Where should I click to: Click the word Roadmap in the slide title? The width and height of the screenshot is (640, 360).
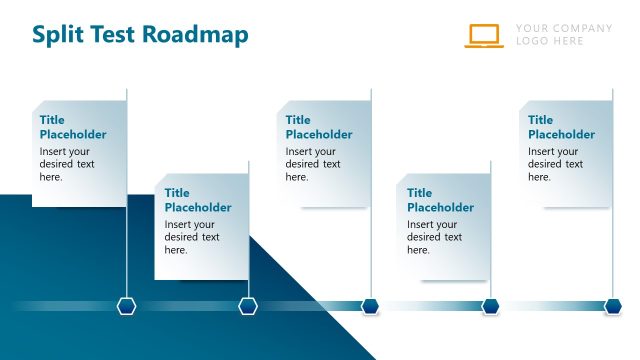pos(195,35)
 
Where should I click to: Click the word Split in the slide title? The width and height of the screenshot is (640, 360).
pos(59,35)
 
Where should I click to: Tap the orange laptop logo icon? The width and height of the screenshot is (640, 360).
pos(484,36)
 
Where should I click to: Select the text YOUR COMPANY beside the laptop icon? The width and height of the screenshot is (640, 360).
pos(563,28)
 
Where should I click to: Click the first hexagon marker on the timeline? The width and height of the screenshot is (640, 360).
pos(126,306)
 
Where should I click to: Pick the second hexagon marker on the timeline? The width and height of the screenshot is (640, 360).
pos(248,306)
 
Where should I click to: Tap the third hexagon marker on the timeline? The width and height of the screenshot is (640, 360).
pos(370,306)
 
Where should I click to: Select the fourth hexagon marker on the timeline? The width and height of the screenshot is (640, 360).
pos(491,306)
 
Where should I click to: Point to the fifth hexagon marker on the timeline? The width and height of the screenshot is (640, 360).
pos(613,306)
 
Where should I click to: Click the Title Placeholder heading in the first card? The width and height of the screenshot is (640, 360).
pos(73,127)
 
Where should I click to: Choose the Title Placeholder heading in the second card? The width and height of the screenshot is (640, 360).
pos(198,200)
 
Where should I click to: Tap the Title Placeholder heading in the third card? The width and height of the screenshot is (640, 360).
pos(319,127)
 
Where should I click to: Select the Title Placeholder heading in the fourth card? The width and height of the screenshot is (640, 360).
pos(440,200)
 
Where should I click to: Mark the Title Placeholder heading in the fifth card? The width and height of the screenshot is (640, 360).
pos(562,127)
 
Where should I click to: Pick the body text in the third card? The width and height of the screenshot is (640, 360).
pos(313,164)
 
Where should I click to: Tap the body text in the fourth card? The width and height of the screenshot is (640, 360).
pos(434,237)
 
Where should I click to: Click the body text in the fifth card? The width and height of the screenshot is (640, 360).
pos(556,164)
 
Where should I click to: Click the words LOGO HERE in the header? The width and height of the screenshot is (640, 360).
pos(550,42)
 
